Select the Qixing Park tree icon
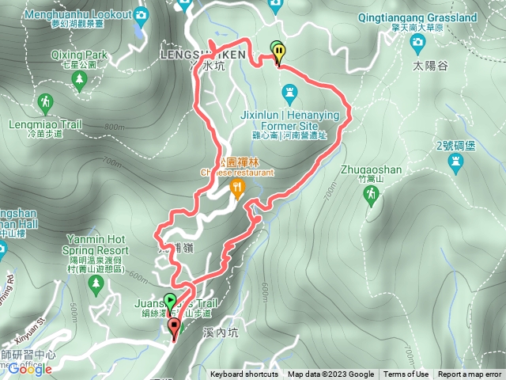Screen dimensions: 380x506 click(x=79, y=79)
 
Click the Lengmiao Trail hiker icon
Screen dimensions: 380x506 click(x=45, y=102)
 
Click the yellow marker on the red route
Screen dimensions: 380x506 click(x=280, y=52)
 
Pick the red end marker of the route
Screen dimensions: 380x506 click(x=174, y=326)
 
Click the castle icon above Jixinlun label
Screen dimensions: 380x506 click(x=290, y=96)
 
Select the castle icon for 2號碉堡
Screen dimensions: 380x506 click(x=455, y=162)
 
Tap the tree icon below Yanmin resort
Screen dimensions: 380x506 click(x=96, y=283)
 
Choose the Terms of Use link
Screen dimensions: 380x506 click(x=406, y=374)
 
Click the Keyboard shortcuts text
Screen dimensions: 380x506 click(x=244, y=374)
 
